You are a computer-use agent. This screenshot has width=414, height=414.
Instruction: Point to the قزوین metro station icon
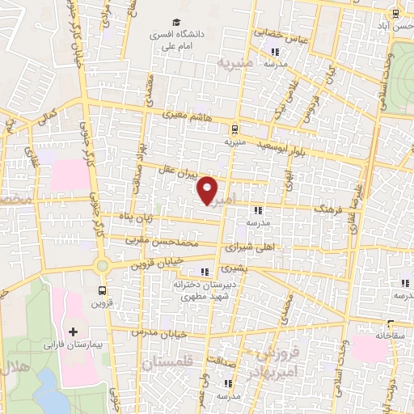[103, 290]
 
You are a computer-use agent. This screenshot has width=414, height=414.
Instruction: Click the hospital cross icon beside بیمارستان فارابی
[73, 332]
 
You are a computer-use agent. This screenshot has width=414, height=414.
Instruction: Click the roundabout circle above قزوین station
[103, 266]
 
